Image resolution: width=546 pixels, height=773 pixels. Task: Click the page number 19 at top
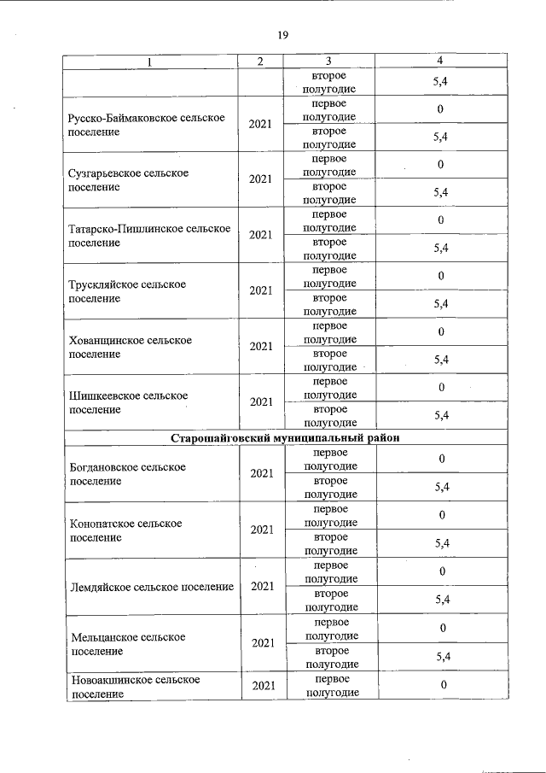pyautogui.click(x=282, y=35)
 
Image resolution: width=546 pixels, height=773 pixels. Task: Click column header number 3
pyautogui.click(x=328, y=61)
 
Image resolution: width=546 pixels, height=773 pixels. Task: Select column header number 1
pyautogui.click(x=151, y=61)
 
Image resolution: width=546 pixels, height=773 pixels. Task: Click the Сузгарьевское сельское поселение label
pyautogui.click(x=127, y=179)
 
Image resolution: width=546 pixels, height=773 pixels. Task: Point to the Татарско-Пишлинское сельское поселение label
pyautogui.click(x=149, y=235)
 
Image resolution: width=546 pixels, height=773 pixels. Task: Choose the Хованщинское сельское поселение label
pyautogui.click(x=130, y=347)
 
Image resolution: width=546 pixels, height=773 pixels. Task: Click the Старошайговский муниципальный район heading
pyautogui.click(x=286, y=437)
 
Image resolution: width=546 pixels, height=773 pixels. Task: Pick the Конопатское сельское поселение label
pyautogui.click(x=125, y=530)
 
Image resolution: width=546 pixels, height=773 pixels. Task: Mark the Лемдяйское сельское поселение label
pyautogui.click(x=151, y=587)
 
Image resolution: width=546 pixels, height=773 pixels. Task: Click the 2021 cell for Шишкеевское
pyautogui.click(x=261, y=402)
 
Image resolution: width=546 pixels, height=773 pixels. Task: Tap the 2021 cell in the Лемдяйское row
pyautogui.click(x=261, y=587)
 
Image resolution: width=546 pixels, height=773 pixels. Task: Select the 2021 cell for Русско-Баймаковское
pyautogui.click(x=261, y=124)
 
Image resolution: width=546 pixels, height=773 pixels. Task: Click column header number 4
pyautogui.click(x=440, y=61)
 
